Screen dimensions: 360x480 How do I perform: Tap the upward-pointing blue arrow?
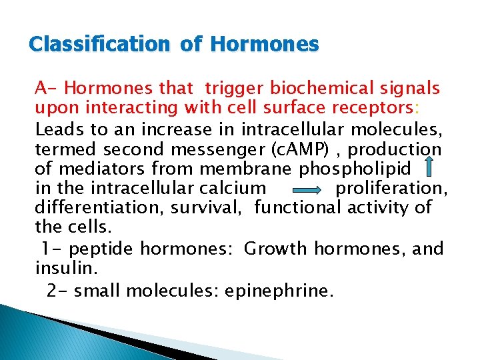pos(429,166)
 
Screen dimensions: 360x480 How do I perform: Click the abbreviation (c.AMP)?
pos(313,149)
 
